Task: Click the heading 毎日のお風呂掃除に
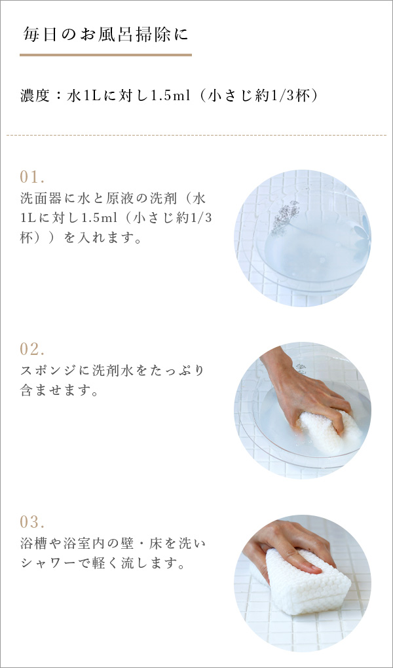[105, 34]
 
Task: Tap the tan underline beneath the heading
[105, 54]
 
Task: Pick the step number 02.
[32, 349]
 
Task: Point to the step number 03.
[32, 521]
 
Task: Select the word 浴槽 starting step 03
[35, 544]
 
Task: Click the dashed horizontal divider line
[196, 135]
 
